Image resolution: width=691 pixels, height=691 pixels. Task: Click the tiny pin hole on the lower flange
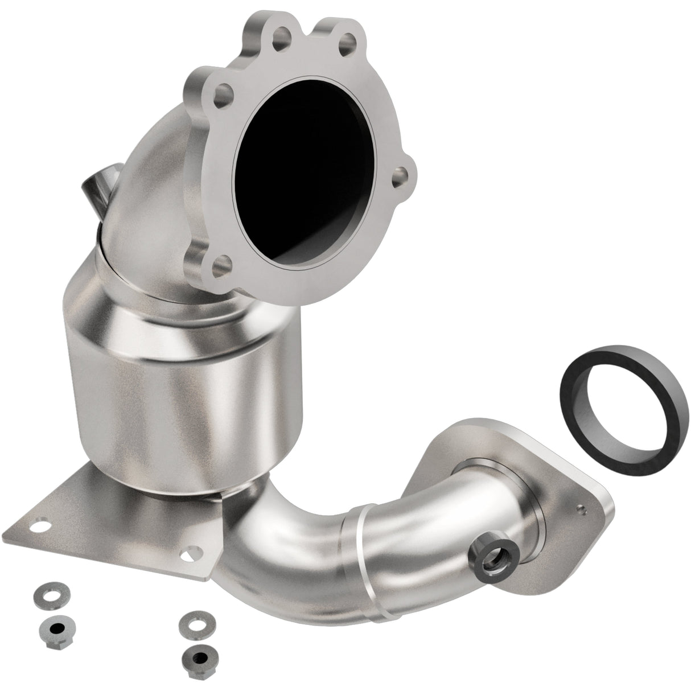(x=581, y=505)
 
